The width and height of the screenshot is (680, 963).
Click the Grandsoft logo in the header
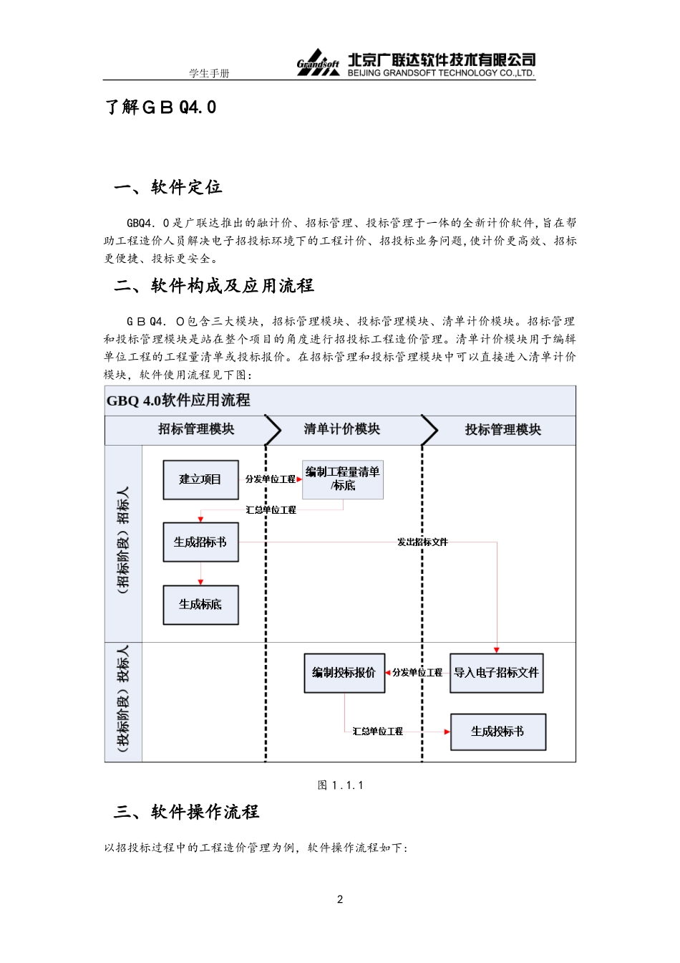[318, 63]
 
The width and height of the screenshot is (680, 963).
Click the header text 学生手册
[209, 73]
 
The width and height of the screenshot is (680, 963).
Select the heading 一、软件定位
[168, 188]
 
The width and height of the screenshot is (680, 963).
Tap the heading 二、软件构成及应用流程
[214, 286]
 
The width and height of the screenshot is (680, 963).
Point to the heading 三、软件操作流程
[187, 812]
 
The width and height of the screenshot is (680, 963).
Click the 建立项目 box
[200, 479]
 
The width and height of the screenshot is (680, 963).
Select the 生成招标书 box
[200, 542]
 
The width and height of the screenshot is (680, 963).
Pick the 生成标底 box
[200, 605]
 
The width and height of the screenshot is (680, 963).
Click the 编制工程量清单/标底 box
[343, 479]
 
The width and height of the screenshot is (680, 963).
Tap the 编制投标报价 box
[344, 673]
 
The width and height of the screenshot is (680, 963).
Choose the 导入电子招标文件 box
[496, 673]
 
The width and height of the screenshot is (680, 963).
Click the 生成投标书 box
[497, 732]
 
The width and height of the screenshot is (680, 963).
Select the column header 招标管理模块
[196, 429]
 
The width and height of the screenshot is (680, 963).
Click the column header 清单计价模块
[342, 429]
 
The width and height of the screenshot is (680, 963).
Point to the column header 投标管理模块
[502, 430]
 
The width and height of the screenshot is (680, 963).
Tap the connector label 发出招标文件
[422, 542]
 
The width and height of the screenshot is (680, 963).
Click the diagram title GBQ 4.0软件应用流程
[178, 401]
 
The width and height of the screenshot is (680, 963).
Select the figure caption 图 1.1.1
[341, 785]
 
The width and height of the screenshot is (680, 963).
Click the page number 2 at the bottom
[340, 899]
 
